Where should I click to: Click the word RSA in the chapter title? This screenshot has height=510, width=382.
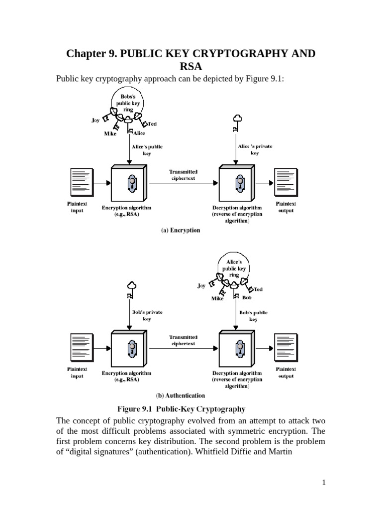[x=191, y=67]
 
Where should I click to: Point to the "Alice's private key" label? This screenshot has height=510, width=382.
[x=255, y=149]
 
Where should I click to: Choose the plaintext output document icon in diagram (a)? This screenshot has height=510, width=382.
[x=285, y=182]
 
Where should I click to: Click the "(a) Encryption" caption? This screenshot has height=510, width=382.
[x=180, y=231]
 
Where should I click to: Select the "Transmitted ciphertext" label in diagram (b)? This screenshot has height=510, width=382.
[x=184, y=340]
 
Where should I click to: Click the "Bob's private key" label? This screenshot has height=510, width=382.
[x=147, y=315]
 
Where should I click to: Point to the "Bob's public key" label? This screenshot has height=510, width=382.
[x=254, y=316]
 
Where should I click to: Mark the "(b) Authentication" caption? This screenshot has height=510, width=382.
[x=180, y=395]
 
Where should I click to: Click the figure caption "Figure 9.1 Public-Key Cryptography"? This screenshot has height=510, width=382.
[x=181, y=409]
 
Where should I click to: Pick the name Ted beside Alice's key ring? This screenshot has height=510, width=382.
[x=259, y=289]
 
